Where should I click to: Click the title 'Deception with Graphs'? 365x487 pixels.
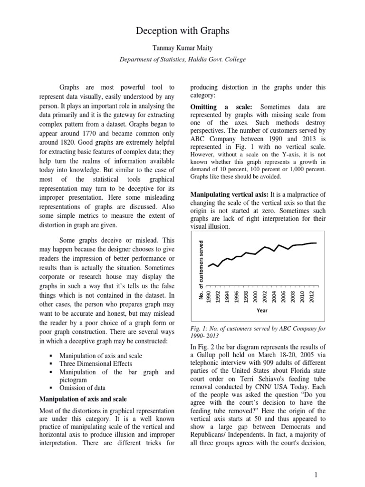click(182, 31)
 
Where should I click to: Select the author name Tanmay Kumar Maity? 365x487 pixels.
click(182, 48)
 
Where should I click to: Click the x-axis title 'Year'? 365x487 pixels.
click(262, 311)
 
